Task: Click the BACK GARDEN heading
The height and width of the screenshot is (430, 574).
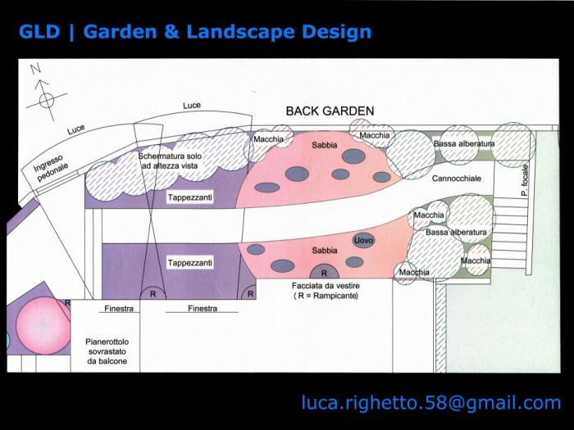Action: click(x=330, y=111)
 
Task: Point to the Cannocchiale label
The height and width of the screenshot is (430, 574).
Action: click(x=456, y=178)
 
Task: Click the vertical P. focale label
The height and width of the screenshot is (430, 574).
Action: click(x=525, y=181)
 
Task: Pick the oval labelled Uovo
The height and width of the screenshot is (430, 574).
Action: click(x=363, y=240)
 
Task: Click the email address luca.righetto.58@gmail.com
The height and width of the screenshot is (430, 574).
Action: click(x=431, y=402)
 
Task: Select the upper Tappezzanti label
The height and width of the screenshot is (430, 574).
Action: click(x=189, y=197)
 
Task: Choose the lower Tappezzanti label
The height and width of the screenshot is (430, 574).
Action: click(x=189, y=263)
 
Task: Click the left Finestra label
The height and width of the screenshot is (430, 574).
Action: click(x=120, y=309)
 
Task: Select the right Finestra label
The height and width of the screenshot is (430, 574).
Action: click(x=202, y=309)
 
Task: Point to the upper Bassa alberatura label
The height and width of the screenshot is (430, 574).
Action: click(x=464, y=144)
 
